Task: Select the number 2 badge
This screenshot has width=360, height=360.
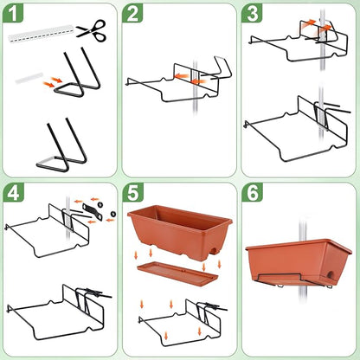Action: click(x=133, y=15)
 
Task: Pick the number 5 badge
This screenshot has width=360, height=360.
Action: click(x=133, y=193)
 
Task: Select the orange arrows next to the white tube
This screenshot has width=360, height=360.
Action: click(x=54, y=82)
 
